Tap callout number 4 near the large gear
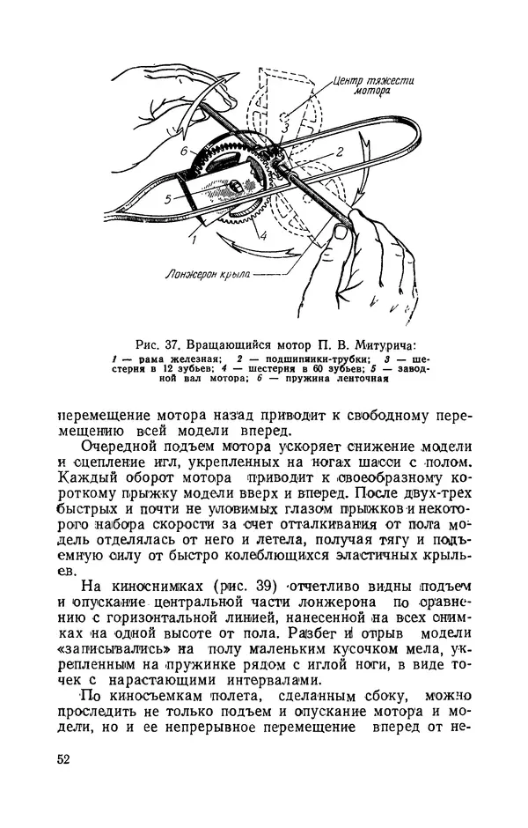(261, 236)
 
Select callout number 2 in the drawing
(338, 152)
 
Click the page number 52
(64, 759)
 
